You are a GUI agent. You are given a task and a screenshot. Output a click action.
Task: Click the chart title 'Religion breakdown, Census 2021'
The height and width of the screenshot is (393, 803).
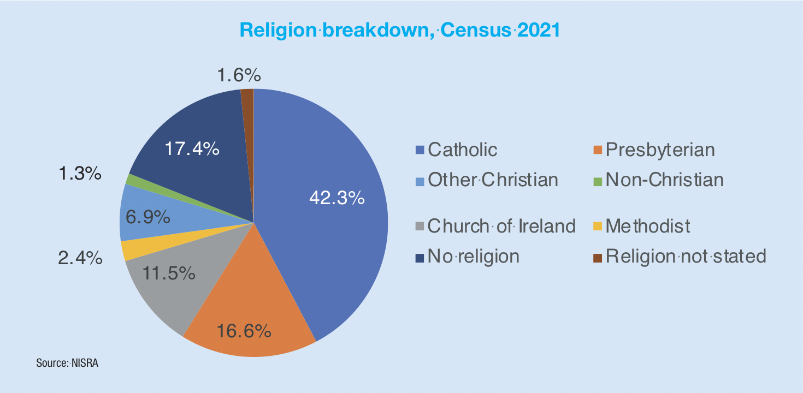tap(400, 30)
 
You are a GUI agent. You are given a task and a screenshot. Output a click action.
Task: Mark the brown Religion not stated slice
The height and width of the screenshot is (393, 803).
tap(247, 109)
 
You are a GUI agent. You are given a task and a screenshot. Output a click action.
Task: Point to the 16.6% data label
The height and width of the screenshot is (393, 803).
tap(244, 331)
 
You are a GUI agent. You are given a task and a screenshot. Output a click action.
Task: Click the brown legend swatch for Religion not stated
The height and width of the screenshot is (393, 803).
tap(597, 256)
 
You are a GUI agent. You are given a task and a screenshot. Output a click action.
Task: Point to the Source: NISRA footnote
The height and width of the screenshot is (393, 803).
tap(67, 362)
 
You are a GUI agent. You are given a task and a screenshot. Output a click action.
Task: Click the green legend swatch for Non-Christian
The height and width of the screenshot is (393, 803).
tap(597, 180)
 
